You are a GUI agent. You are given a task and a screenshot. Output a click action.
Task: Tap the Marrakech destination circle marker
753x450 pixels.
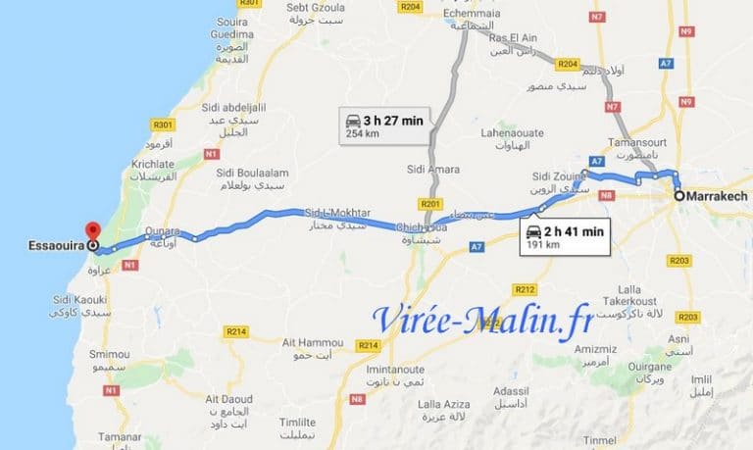678,196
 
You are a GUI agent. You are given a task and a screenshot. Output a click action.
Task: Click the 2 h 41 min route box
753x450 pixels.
564,235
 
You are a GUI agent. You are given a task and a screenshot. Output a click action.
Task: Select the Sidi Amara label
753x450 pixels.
432,170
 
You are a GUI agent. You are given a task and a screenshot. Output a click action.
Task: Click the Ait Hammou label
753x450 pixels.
307,341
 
